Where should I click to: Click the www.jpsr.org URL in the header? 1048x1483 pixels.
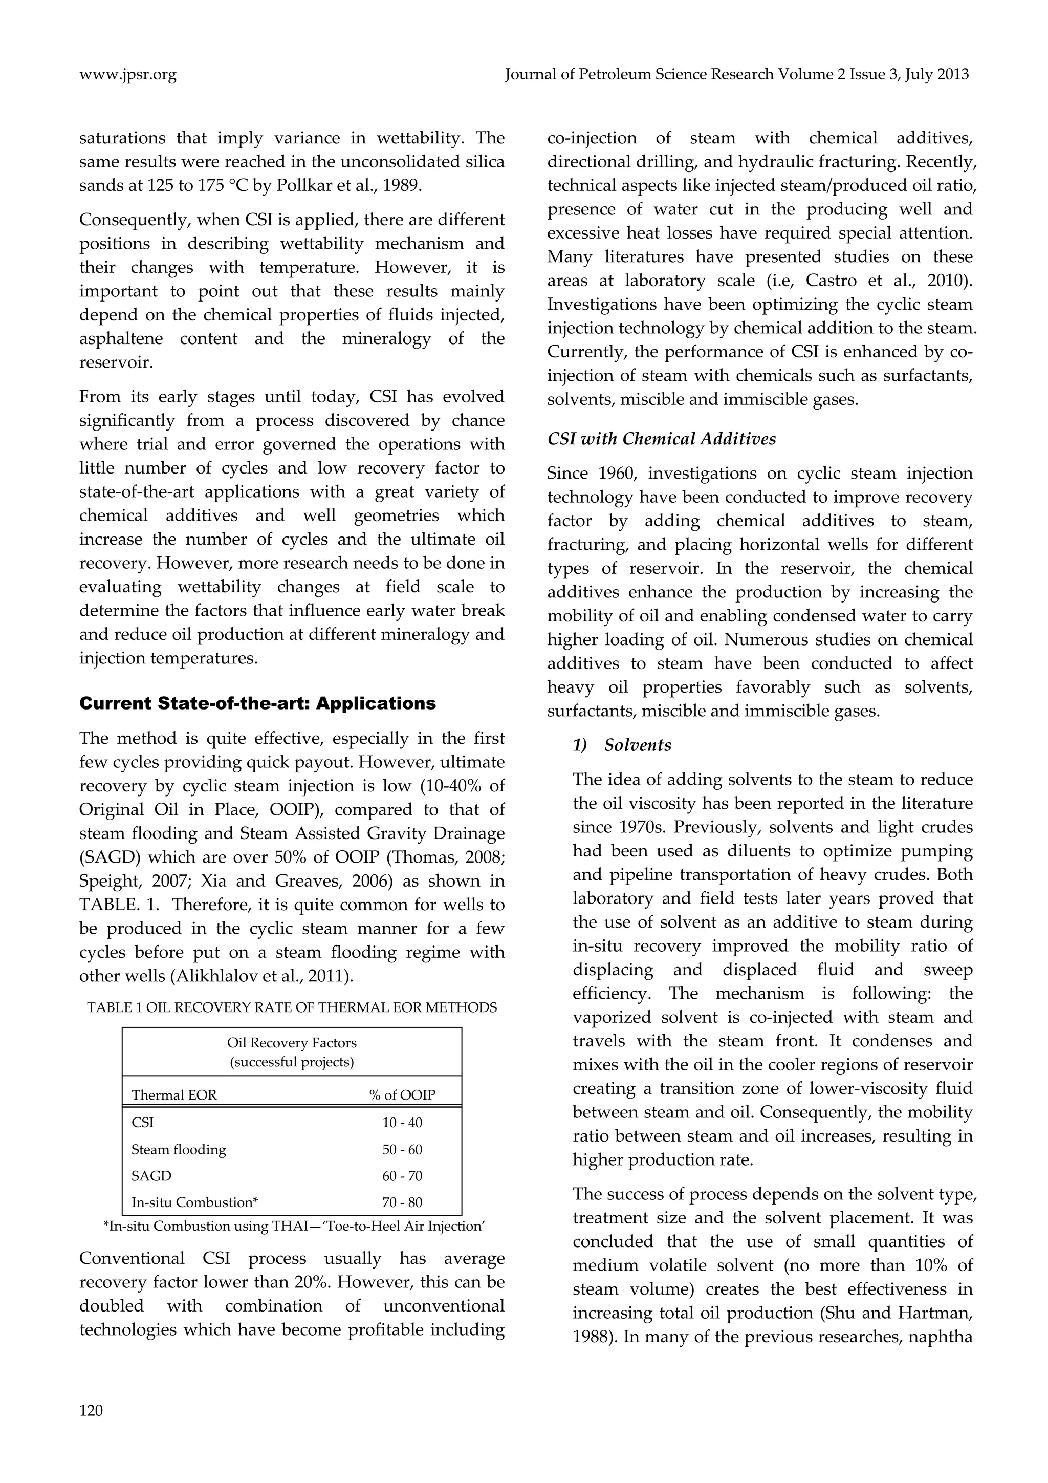(x=128, y=75)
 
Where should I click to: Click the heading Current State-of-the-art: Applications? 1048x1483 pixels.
(x=257, y=703)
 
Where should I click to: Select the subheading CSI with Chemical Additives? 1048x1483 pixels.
(x=661, y=439)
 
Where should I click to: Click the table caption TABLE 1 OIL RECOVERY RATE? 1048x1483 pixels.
(x=292, y=1007)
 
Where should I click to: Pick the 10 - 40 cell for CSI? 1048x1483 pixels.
(x=402, y=1123)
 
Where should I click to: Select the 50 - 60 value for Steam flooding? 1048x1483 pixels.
(x=402, y=1150)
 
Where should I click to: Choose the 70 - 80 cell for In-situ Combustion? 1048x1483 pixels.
(x=402, y=1202)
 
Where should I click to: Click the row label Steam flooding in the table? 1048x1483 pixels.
(x=179, y=1150)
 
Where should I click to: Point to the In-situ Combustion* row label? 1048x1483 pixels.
(x=194, y=1202)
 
